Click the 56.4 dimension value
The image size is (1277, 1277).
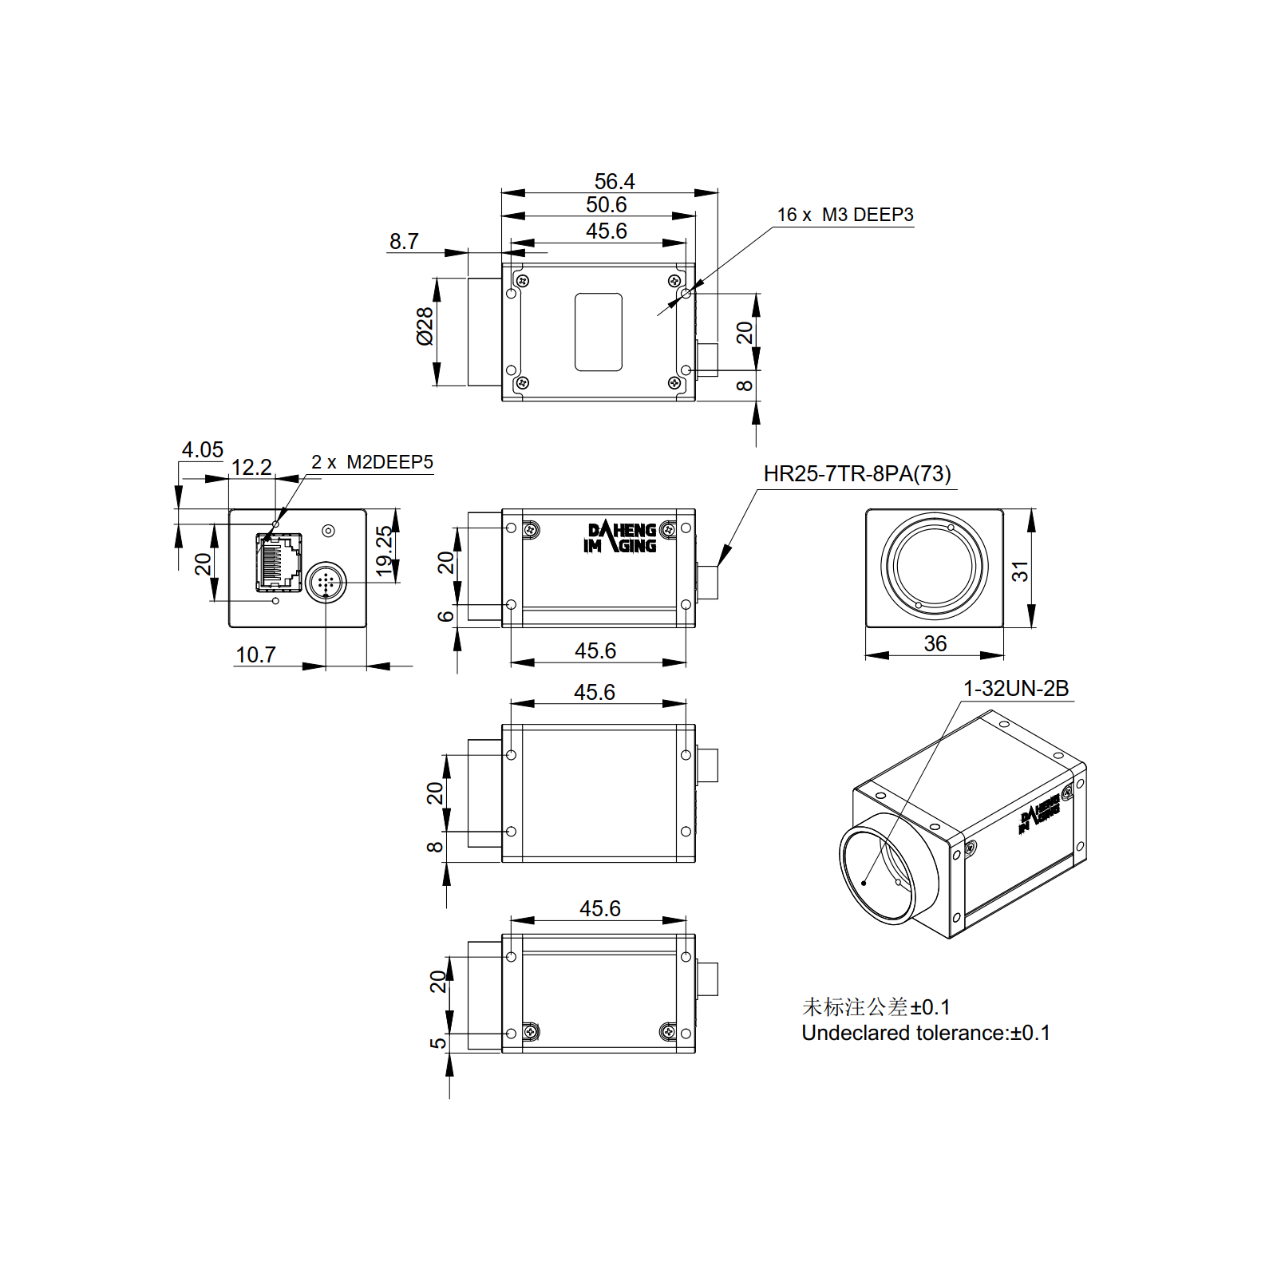[x=615, y=181]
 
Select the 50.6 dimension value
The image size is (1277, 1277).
[x=607, y=205]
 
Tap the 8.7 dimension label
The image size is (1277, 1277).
[x=404, y=241]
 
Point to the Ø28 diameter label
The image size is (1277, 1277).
[x=425, y=326]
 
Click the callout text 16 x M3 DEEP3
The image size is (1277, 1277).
[x=845, y=215]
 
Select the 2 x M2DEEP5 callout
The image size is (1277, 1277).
[x=372, y=462]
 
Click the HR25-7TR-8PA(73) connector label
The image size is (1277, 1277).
[x=857, y=474]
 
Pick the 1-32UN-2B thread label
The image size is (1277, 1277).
[x=1016, y=688]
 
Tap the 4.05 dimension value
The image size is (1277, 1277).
[x=203, y=449]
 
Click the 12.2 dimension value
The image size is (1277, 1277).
[x=251, y=467]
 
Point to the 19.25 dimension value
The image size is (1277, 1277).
[x=385, y=551]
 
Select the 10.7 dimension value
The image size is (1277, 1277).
[x=255, y=654]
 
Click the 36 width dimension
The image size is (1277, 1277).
[x=935, y=643]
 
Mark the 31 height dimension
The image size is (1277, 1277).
[x=1020, y=571]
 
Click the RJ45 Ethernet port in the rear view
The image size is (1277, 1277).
[x=279, y=562]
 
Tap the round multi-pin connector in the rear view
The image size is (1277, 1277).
[x=326, y=583]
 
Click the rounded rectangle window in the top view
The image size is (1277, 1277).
[x=599, y=332]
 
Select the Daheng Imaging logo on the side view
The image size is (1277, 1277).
[x=620, y=537]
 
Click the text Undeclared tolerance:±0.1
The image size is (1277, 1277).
[x=926, y=1033]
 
